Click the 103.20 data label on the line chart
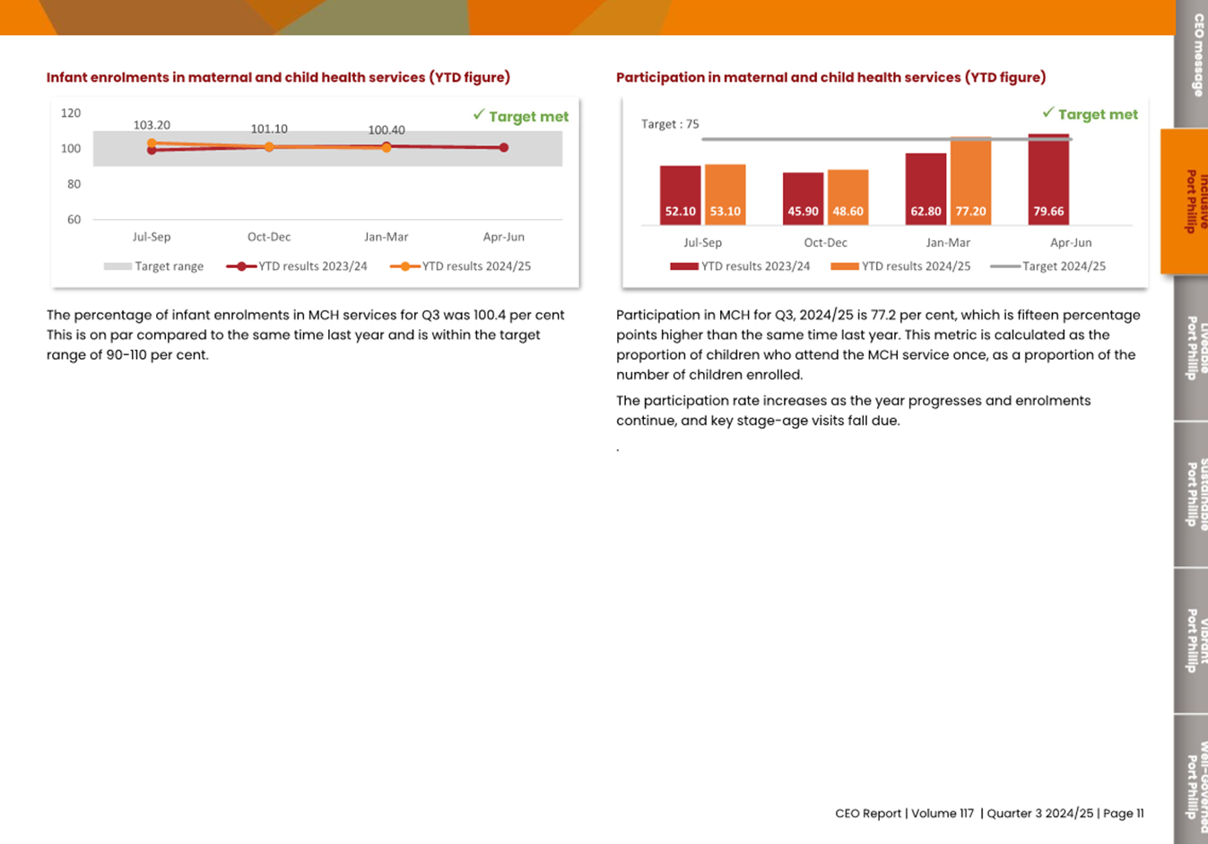pyautogui.click(x=152, y=126)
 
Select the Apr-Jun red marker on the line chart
pyautogui.click(x=504, y=148)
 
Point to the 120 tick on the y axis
pyautogui.click(x=71, y=113)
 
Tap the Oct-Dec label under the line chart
pyautogui.click(x=269, y=237)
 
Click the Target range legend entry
pyautogui.click(x=154, y=266)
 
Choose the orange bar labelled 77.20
pyautogui.click(x=970, y=179)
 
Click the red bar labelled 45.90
pyautogui.click(x=803, y=197)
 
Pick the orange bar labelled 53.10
pyautogui.click(x=725, y=193)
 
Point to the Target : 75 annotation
pyautogui.click(x=670, y=125)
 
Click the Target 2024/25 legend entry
pyautogui.click(x=1048, y=266)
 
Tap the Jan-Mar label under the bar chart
pyautogui.click(x=948, y=242)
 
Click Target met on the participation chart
pyautogui.click(x=1091, y=115)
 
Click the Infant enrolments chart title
pyautogui.click(x=278, y=77)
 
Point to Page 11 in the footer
pyautogui.click(x=1123, y=814)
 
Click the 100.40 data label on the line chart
pyautogui.click(x=387, y=130)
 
